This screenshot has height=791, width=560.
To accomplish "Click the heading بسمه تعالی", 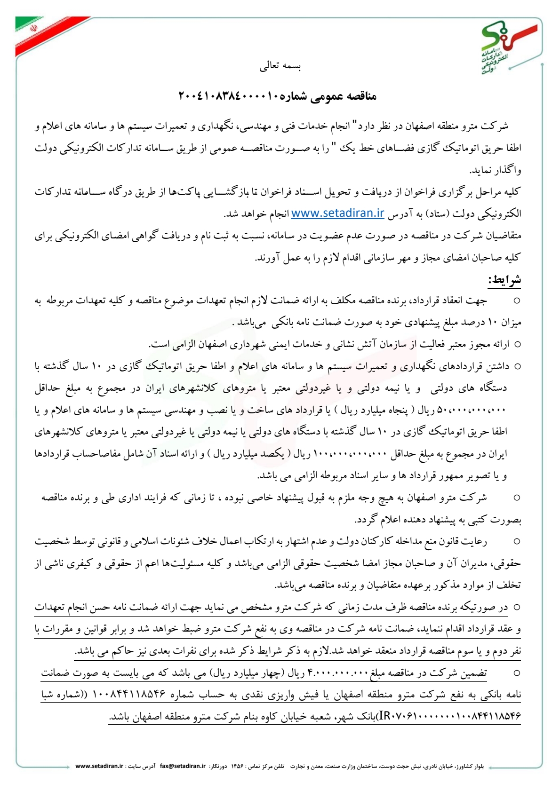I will coord(280,66).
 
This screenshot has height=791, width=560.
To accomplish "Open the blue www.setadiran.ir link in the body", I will coord(337,213).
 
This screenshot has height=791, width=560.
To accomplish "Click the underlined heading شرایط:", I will coord(504,280).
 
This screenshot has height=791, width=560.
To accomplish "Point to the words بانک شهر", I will coord(360,716).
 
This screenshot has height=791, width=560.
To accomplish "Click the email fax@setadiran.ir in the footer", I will coord(183,766).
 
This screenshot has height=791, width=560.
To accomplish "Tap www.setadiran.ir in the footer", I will coord(99,766).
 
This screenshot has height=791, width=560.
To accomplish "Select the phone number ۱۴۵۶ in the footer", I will coord(237,766).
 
